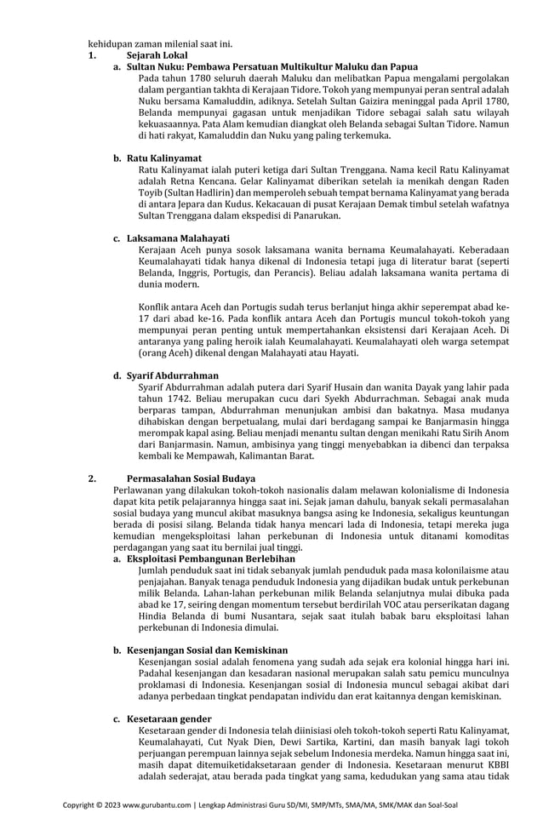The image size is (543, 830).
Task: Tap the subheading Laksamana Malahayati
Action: tap(178, 238)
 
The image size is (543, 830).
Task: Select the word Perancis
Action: tap(291, 272)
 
